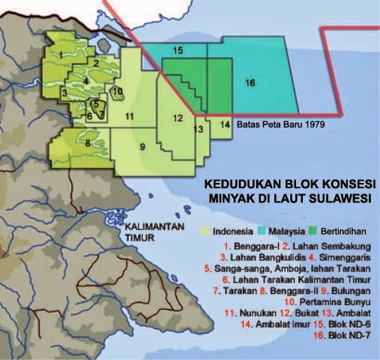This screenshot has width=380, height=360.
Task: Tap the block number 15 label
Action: point(178,51)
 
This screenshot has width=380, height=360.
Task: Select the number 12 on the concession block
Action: point(177,118)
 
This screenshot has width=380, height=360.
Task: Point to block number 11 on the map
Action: point(130,116)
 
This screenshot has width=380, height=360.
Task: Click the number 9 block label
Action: point(142,146)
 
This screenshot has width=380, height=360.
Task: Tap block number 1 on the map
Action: point(59,54)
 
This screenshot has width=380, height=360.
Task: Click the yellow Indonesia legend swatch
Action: point(207,225)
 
